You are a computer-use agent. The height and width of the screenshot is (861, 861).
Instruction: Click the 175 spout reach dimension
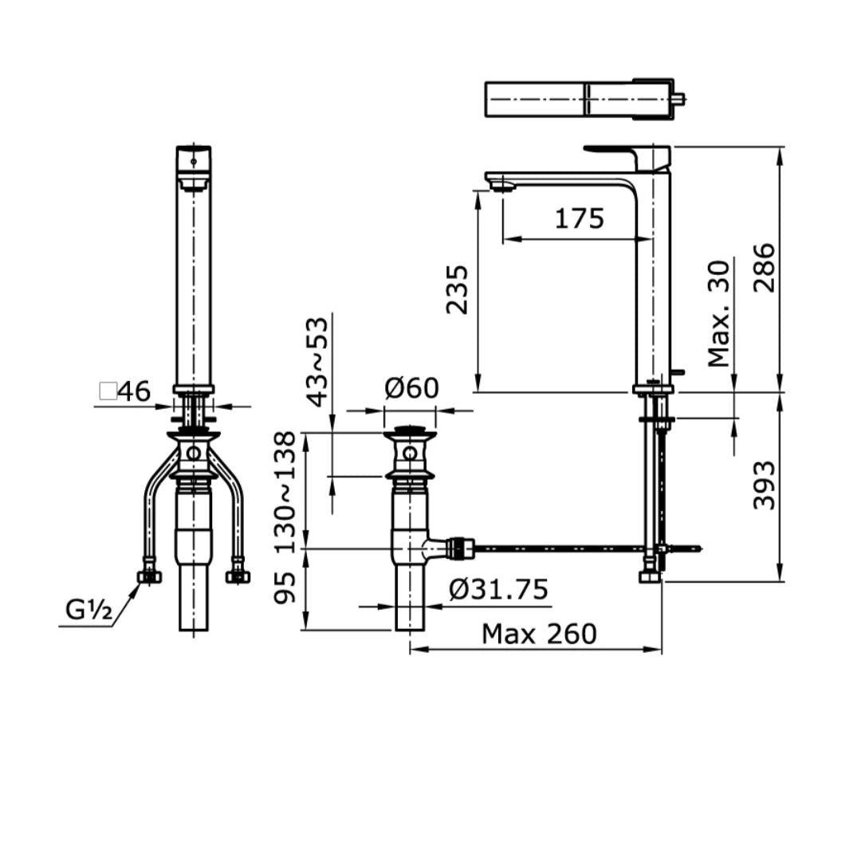pos(580,218)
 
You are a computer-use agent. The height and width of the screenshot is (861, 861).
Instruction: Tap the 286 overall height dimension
pos(764,268)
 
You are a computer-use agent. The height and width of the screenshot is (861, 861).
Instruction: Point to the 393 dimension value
pos(764,485)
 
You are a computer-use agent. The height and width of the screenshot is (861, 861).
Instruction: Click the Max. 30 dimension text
pos(720,313)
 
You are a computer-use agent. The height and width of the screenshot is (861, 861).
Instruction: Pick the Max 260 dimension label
pos(539,634)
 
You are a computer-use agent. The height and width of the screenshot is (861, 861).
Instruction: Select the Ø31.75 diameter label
pos(498,589)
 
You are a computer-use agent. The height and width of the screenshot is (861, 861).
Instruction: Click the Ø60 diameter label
pos(411,388)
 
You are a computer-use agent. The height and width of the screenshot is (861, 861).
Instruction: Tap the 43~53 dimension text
pos(318,361)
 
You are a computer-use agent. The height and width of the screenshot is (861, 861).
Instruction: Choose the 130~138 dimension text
pos(285,491)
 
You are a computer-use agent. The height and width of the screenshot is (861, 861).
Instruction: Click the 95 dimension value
pos(285,588)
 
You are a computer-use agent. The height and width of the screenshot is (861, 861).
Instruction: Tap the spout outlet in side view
pos(501,187)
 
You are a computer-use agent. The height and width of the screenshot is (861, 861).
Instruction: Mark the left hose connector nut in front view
pos(150,576)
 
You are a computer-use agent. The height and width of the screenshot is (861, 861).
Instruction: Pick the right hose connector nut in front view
pos(238,576)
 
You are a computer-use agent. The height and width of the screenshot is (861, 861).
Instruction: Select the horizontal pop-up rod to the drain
pos(558,548)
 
